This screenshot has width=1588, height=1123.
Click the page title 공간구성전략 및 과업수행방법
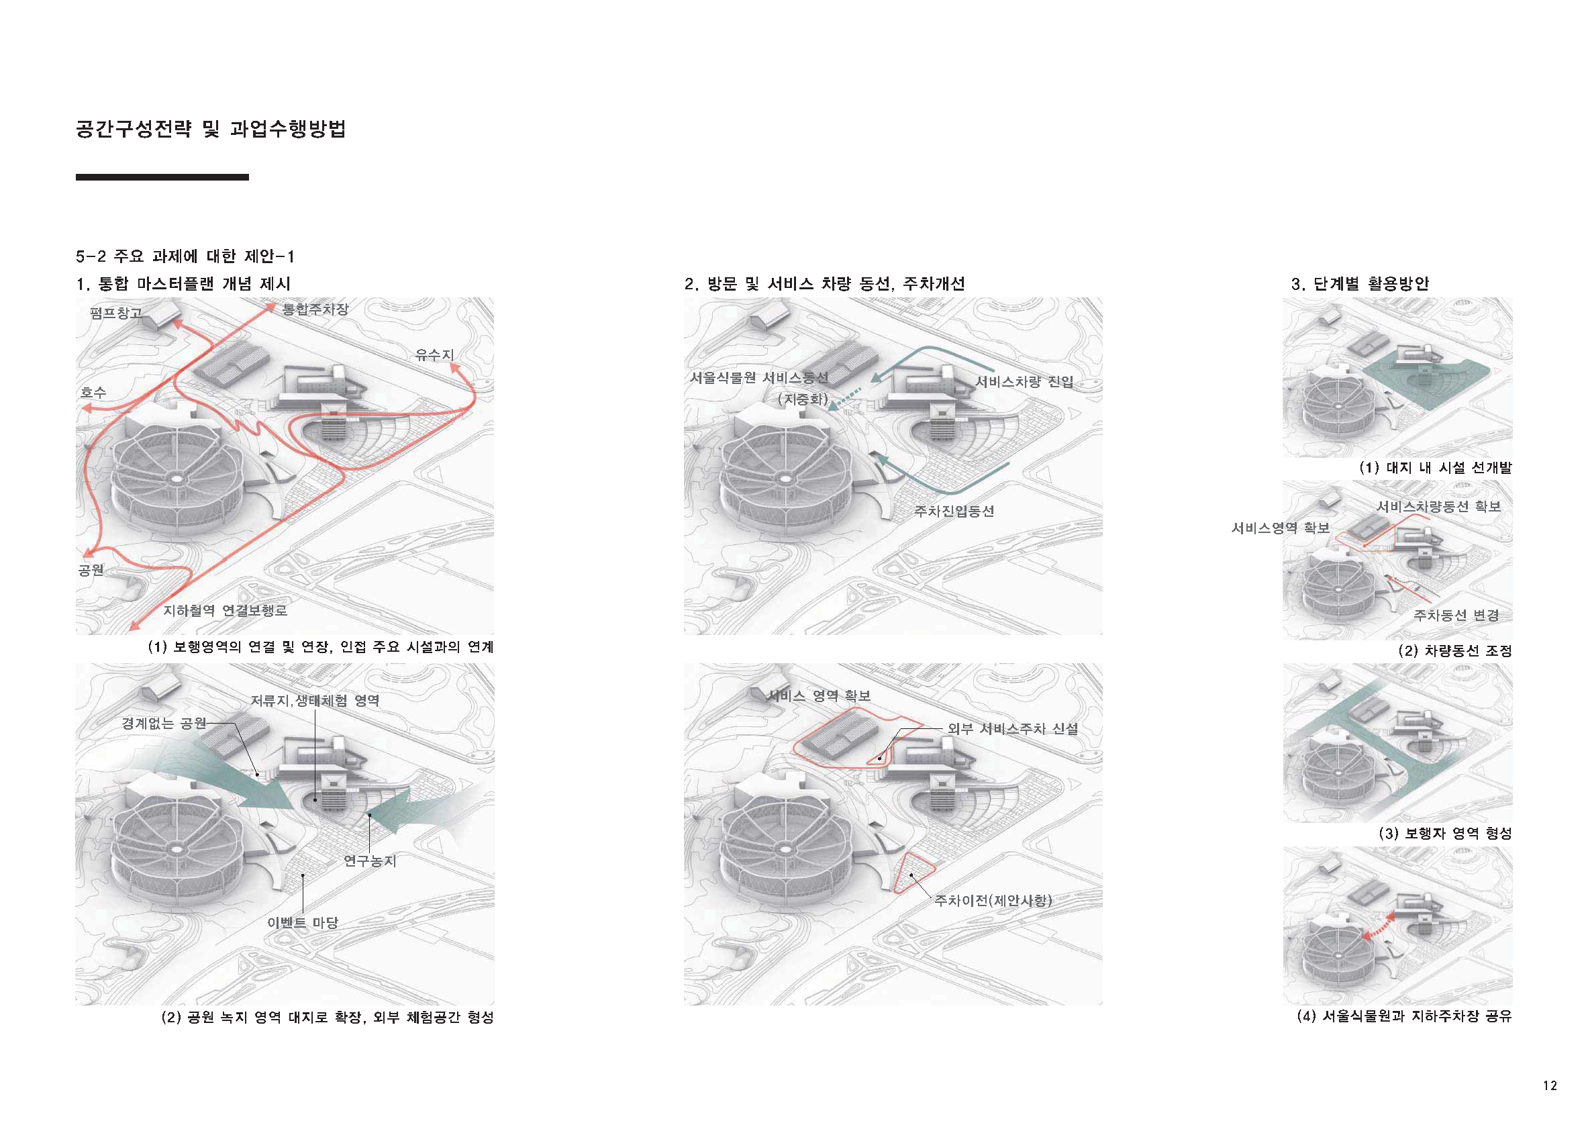pos(210,130)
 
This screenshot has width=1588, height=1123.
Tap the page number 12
pos(1549,1085)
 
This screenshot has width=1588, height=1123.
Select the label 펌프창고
pos(115,313)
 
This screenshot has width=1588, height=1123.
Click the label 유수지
pos(434,354)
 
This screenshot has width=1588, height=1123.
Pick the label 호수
pos(93,393)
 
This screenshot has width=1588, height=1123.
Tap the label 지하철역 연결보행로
pos(225,611)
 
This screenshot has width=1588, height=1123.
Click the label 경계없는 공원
pos(164,724)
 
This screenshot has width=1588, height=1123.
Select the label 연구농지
pos(370,861)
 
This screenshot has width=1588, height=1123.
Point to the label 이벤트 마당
pos(302,922)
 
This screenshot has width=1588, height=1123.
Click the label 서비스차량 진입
pos(1024,382)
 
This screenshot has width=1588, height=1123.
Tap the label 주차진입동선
pos(954,511)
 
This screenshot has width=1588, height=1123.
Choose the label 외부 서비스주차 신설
pos(1013,729)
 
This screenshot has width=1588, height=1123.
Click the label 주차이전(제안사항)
pos(993,900)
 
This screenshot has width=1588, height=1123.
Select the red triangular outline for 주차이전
pos(913,873)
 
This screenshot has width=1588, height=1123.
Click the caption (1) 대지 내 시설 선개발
pos(1435,467)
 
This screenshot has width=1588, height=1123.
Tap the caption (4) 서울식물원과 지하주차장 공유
pos(1404,1016)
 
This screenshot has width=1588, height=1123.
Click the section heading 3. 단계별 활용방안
pos(1359,283)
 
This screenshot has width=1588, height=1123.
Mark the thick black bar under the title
pos(162,178)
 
